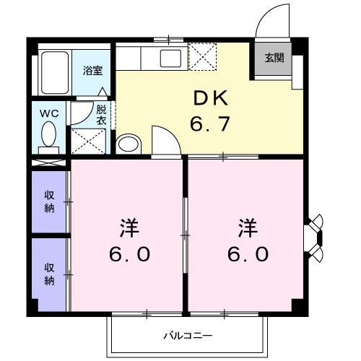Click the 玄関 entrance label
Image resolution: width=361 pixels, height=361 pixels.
pos(274,58)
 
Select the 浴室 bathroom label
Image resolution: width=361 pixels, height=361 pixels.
pos(92,71)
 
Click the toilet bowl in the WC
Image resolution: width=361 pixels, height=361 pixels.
pos(48,135)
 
